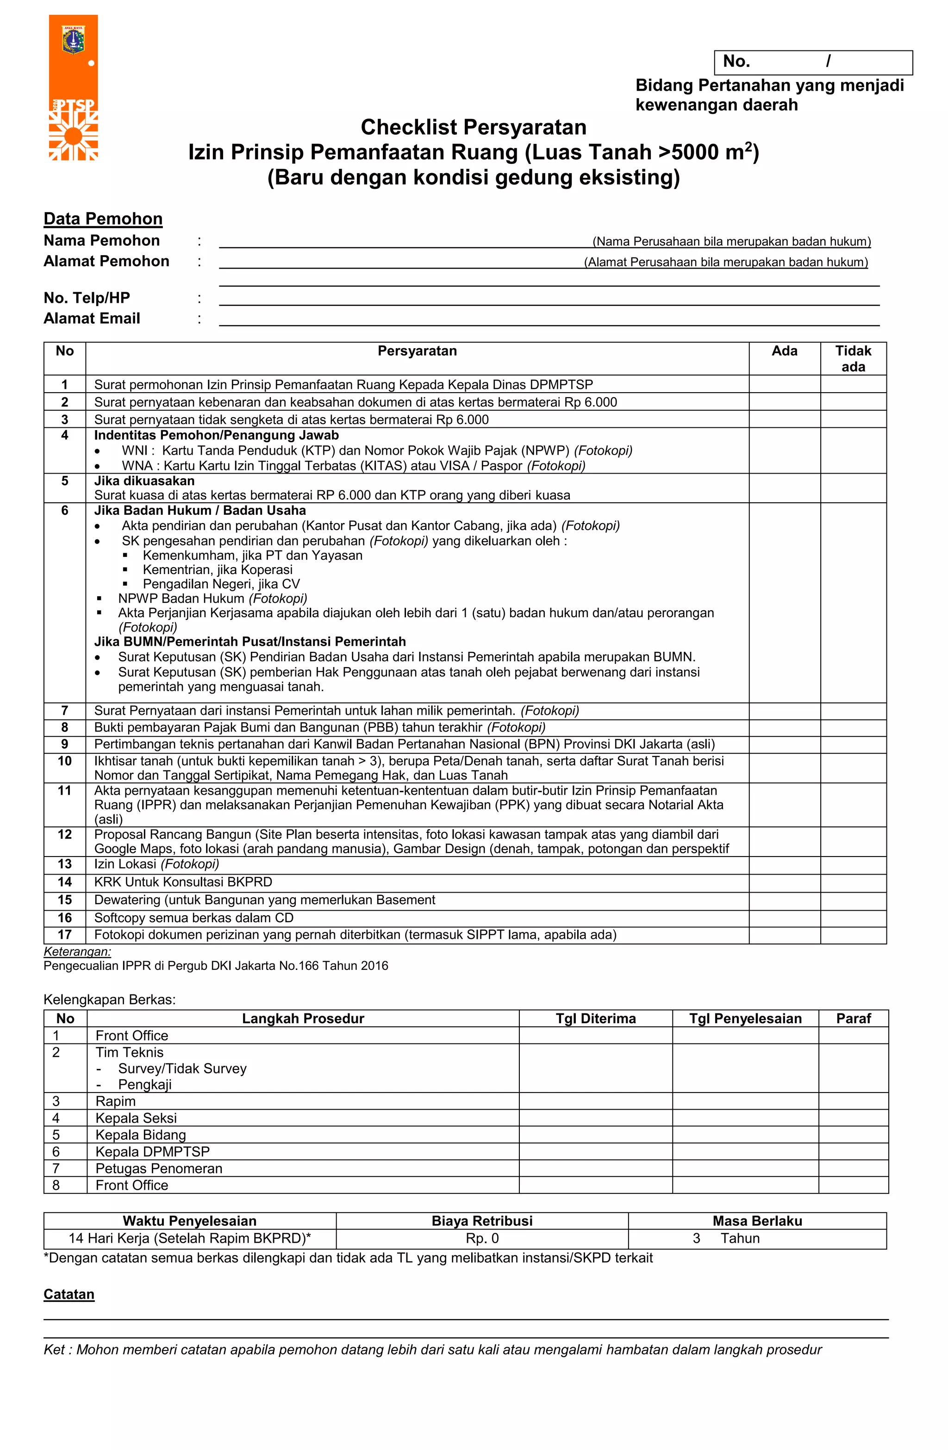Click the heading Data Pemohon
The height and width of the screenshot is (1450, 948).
point(103,219)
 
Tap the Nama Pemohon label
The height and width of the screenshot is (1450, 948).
point(101,241)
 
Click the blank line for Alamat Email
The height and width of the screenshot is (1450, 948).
point(549,319)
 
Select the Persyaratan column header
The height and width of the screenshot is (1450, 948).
point(417,351)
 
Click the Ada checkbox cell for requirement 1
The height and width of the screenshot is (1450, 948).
point(784,384)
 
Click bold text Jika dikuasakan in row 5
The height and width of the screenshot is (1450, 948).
point(144,481)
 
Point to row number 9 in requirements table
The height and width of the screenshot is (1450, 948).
point(65,744)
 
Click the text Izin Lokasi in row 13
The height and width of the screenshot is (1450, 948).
point(125,864)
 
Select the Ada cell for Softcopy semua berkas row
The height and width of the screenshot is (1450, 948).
point(784,918)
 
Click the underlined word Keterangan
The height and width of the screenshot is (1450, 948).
point(77,951)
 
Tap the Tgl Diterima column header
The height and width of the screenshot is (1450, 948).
point(595,1019)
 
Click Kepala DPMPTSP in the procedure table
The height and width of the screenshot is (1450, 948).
point(152,1151)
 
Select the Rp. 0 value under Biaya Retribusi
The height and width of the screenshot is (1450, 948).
point(482,1238)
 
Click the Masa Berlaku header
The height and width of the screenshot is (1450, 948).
point(757,1221)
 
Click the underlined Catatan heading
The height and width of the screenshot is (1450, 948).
point(69,1294)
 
